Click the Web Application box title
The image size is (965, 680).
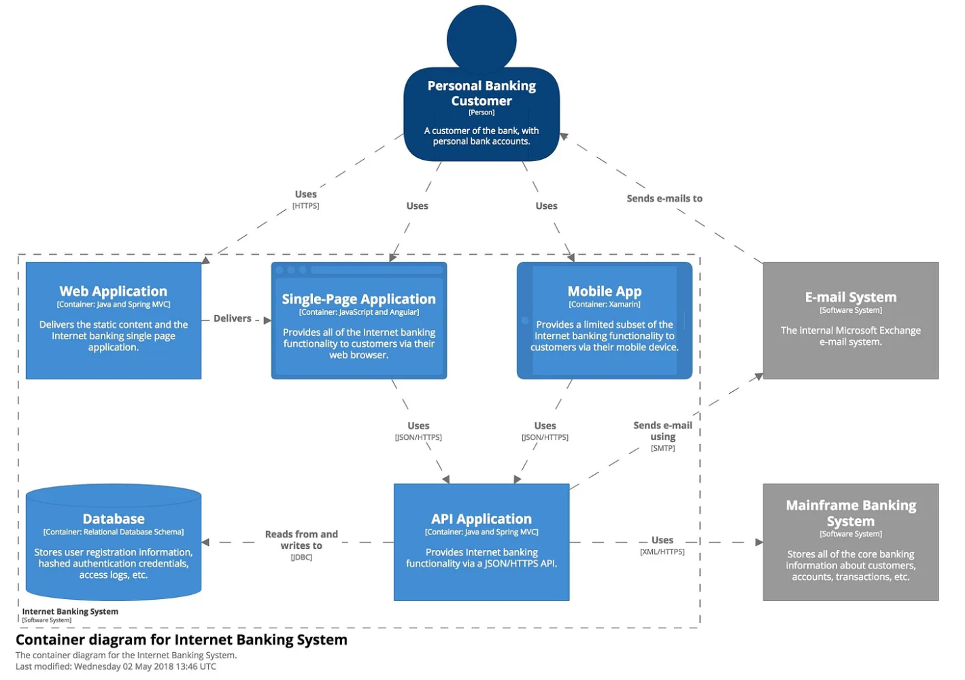113,291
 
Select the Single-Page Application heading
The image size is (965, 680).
358,299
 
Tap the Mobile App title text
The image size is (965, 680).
604,291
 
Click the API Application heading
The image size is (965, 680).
481,519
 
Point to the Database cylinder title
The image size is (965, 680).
113,519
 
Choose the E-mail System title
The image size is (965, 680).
850,297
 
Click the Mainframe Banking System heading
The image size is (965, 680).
850,513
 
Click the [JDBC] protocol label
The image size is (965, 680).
301,558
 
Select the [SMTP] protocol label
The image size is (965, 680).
662,448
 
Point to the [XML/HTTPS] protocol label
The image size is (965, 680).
662,551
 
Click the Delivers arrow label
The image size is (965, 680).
232,318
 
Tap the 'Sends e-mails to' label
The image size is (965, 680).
664,199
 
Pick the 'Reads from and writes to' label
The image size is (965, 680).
301,540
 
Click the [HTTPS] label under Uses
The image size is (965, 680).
305,206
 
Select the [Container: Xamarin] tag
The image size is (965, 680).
604,305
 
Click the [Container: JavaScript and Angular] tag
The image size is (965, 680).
358,312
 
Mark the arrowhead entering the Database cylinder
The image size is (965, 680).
205,542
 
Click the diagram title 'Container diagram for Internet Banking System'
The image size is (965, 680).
181,640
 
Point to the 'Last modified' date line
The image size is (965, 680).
116,666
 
